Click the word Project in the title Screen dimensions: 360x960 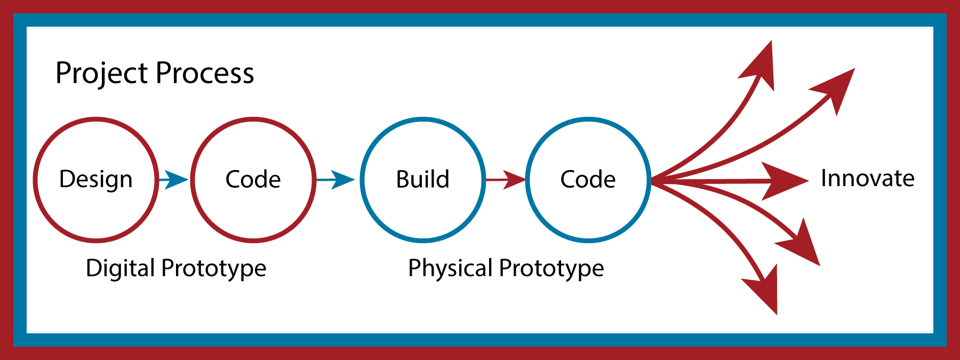pyautogui.click(x=102, y=74)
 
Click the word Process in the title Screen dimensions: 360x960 pyautogui.click(x=205, y=74)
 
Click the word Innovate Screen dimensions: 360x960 pyautogui.click(x=868, y=179)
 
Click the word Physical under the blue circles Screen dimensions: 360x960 pyautogui.click(x=450, y=268)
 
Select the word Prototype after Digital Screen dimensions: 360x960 pyautogui.click(x=214, y=268)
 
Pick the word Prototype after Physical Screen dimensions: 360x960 pyautogui.click(x=551, y=268)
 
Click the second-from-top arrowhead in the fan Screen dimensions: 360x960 pyautogui.click(x=837, y=88)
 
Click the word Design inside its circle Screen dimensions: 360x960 pyautogui.click(x=96, y=180)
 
